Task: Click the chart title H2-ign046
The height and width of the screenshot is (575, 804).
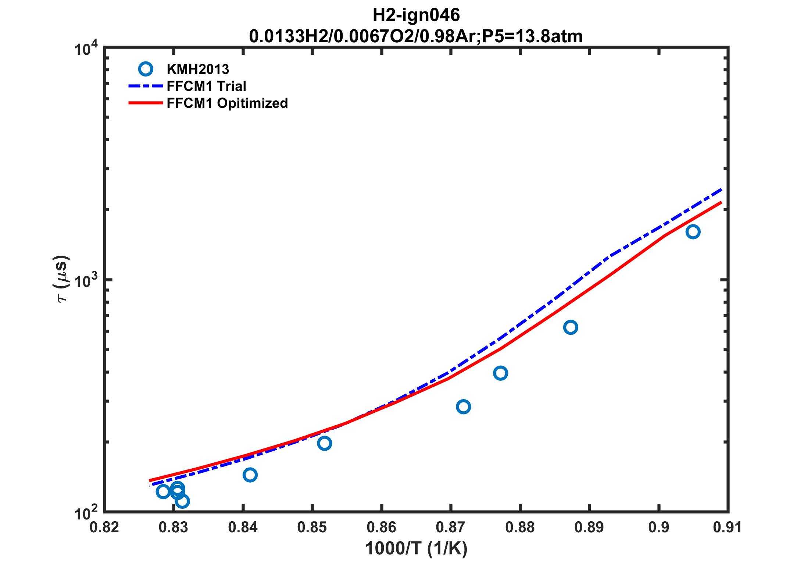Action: point(416,15)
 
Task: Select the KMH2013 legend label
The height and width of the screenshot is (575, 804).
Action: point(198,69)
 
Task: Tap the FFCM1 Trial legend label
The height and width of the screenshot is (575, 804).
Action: point(206,86)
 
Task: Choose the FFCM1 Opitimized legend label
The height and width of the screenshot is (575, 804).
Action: point(227,103)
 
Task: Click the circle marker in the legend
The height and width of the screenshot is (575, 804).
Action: point(146,69)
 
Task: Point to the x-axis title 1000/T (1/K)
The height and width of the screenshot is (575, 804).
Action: point(416,549)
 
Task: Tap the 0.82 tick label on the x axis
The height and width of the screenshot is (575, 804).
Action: point(104,528)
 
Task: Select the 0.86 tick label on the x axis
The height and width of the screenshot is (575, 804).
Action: point(381,528)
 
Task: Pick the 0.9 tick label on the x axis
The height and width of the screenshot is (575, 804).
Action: point(658,528)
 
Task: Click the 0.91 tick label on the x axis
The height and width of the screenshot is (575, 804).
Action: point(727,528)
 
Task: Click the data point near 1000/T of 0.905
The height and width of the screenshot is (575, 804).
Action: point(693,232)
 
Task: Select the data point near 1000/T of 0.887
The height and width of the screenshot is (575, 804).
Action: point(571,327)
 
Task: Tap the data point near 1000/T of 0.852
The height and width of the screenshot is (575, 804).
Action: point(325,443)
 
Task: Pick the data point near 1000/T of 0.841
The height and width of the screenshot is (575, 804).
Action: point(250,475)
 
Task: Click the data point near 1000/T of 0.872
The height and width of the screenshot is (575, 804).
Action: point(464,407)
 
